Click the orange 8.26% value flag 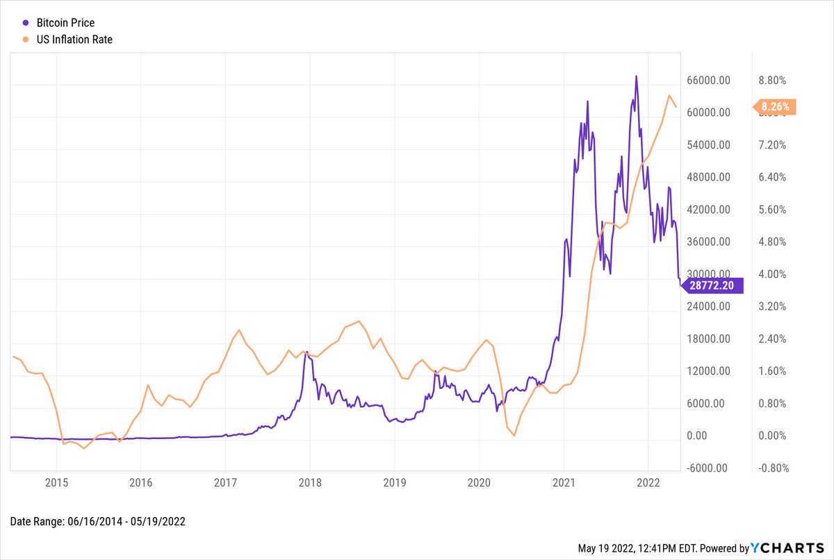click(775, 107)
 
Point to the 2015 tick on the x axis click(56, 481)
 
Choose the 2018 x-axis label click(309, 481)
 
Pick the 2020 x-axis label click(479, 481)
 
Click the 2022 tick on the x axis click(648, 481)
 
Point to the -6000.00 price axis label click(707, 468)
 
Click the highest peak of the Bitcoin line click(636, 76)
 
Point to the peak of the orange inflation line click(669, 96)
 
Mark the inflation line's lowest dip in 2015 click(84, 449)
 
